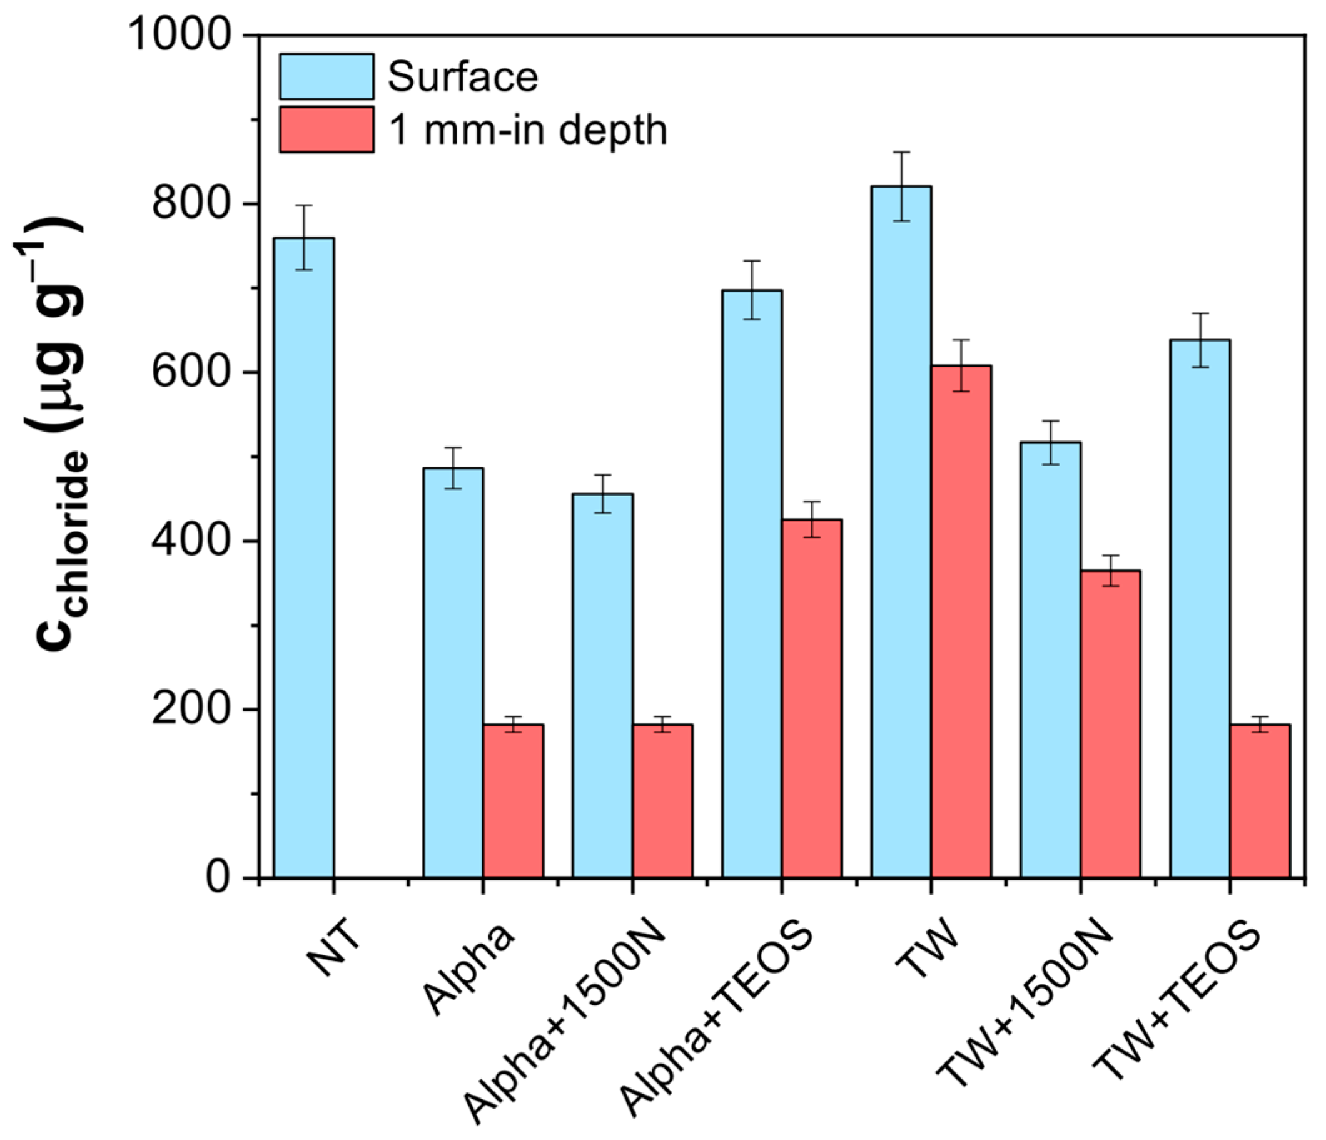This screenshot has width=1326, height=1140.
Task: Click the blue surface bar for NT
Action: pyautogui.click(x=303, y=557)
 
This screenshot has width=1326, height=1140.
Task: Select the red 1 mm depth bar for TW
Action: pyautogui.click(x=961, y=621)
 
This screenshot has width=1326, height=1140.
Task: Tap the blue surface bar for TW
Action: pyautogui.click(x=901, y=531)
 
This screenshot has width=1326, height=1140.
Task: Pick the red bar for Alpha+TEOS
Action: pyautogui.click(x=811, y=698)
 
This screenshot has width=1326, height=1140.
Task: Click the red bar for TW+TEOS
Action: pyautogui.click(x=1260, y=800)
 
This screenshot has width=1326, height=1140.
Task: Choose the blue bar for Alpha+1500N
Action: pyautogui.click(x=602, y=685)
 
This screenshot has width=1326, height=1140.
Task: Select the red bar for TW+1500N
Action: pyautogui.click(x=1110, y=723)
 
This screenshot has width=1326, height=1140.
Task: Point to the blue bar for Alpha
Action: pyautogui.click(x=453, y=672)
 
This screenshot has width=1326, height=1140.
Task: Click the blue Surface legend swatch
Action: pyautogui.click(x=326, y=77)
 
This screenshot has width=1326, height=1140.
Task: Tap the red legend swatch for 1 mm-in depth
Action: pyautogui.click(x=326, y=130)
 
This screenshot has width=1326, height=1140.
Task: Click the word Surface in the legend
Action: pyautogui.click(x=463, y=77)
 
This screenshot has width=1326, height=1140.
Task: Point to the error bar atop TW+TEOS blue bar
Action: pyautogui.click(x=1200, y=340)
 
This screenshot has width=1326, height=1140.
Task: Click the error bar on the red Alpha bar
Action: pyautogui.click(x=513, y=724)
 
